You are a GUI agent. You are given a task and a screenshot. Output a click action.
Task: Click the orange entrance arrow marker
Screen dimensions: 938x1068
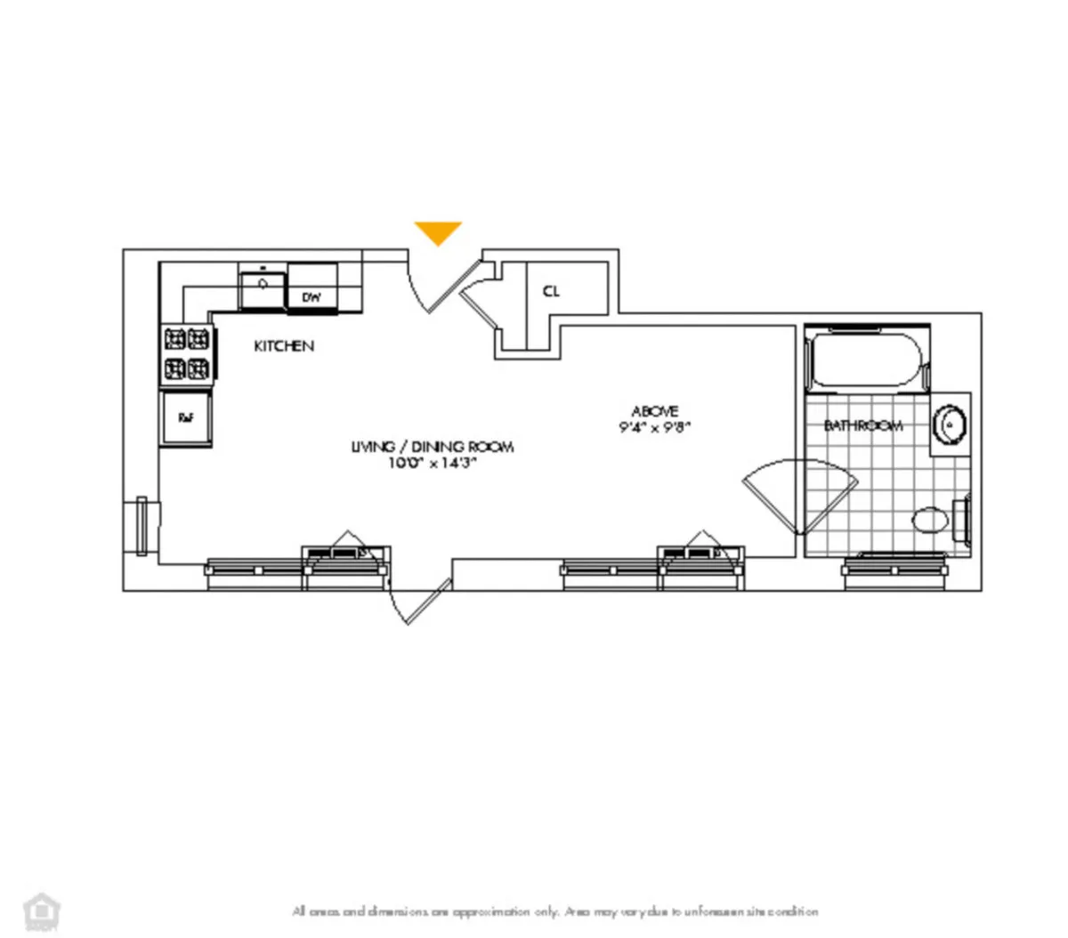click(438, 231)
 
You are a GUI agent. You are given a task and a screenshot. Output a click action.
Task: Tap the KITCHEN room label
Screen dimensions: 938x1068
click(284, 345)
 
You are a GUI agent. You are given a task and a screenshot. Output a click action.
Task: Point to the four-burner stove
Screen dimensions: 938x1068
click(186, 352)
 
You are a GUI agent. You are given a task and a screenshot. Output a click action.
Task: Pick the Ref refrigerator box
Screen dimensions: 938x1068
click(186, 417)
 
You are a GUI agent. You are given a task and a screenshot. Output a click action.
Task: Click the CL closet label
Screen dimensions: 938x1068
click(552, 291)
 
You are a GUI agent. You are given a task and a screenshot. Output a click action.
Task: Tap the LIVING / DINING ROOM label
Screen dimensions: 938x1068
click(433, 446)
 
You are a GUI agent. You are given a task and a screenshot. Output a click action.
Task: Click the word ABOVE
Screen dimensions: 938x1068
click(655, 410)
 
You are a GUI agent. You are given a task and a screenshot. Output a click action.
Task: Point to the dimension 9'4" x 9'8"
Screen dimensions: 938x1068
click(655, 426)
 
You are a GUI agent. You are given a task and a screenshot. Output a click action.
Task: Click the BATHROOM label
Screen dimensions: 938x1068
click(862, 425)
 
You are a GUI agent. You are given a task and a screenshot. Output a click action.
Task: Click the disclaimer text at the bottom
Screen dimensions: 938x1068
click(555, 911)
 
